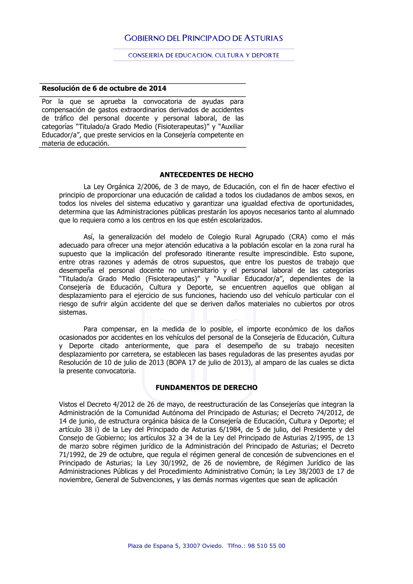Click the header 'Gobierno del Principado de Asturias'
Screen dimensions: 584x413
click(x=204, y=38)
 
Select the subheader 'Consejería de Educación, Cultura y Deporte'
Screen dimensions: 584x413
click(x=204, y=55)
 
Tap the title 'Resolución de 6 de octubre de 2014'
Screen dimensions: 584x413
click(x=104, y=88)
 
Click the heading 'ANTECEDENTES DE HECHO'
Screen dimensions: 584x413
click(x=206, y=175)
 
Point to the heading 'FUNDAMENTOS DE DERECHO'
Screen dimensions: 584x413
click(x=206, y=388)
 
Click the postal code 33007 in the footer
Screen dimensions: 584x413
click(x=192, y=546)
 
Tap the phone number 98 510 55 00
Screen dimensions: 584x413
click(x=266, y=546)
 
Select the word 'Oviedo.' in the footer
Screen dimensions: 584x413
click(x=213, y=546)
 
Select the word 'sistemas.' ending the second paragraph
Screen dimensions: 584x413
click(x=73, y=312)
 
